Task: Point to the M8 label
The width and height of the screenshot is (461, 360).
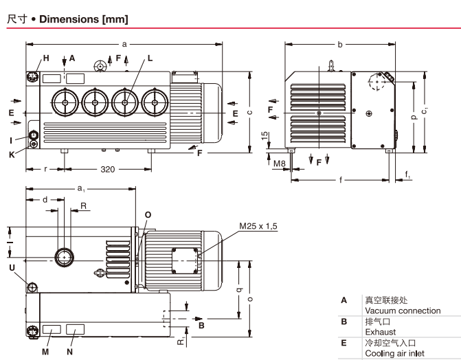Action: pyautogui.click(x=279, y=163)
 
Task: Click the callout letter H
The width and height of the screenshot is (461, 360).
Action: pyautogui.click(x=46, y=58)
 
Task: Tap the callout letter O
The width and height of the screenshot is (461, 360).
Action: pyautogui.click(x=148, y=213)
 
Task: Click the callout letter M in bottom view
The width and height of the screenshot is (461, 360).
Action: pyautogui.click(x=46, y=351)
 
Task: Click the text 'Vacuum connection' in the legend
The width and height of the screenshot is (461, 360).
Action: pyautogui.click(x=402, y=311)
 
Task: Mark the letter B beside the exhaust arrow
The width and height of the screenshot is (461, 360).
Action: pyautogui.click(x=201, y=326)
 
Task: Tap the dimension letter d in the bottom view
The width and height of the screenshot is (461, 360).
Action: pyautogui.click(x=45, y=199)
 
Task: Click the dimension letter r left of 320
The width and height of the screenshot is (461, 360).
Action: pyautogui.click(x=45, y=169)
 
